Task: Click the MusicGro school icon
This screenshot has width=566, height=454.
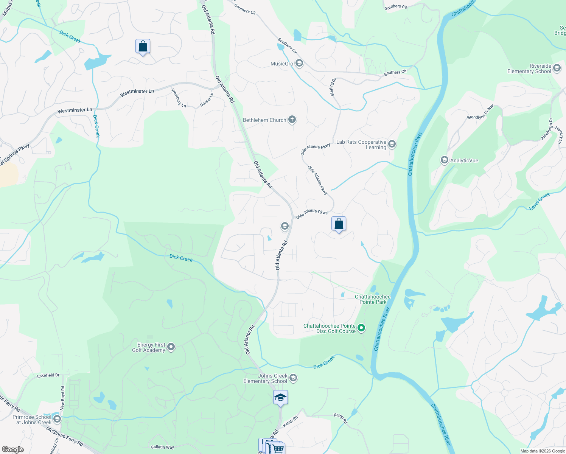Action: [299, 63]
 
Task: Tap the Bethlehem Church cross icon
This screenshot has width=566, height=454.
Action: [292, 120]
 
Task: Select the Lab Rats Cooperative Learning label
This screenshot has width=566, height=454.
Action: [361, 145]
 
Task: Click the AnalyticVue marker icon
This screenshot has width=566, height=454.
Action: [444, 160]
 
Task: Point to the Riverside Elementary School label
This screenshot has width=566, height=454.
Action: [529, 69]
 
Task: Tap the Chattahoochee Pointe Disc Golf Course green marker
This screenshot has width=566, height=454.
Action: [361, 328]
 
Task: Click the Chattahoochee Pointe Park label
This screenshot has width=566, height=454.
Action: [373, 299]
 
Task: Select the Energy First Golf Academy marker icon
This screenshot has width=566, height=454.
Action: [171, 347]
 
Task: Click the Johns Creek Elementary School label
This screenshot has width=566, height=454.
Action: [265, 378]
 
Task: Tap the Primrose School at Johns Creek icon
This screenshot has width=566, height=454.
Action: [57, 419]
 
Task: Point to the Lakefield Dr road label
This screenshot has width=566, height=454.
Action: [48, 376]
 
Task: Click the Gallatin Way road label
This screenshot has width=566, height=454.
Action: [162, 447]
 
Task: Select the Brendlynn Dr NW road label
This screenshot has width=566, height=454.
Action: [480, 112]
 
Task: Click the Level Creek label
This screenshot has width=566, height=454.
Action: [540, 201]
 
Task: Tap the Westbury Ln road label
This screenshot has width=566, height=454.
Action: [179, 98]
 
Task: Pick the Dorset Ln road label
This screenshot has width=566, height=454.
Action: [207, 100]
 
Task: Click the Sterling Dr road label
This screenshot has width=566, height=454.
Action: [333, 87]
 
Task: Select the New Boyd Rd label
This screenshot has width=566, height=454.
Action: [63, 398]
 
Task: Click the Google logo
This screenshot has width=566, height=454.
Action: [13, 449]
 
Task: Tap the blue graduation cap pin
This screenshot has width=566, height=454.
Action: [280, 398]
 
